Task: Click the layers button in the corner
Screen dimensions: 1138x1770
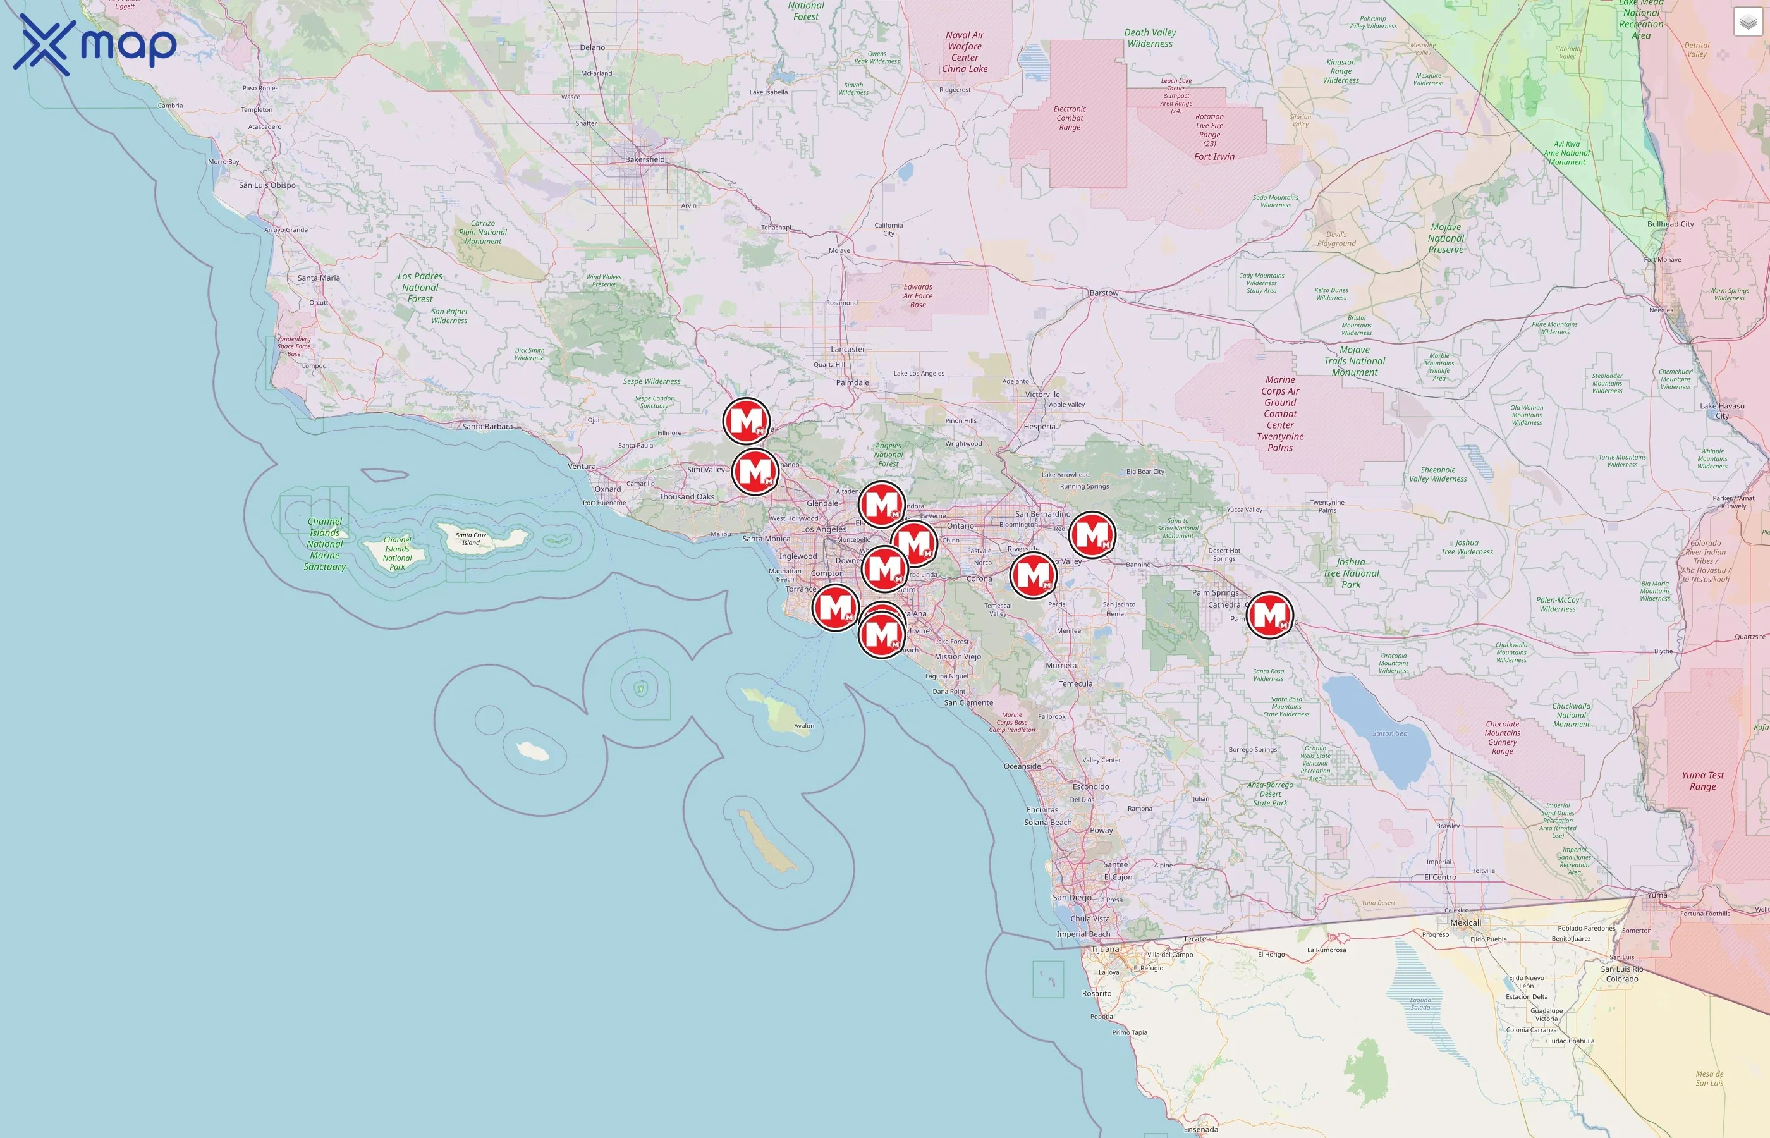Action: tap(1747, 22)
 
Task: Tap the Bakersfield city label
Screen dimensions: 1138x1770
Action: tap(644, 159)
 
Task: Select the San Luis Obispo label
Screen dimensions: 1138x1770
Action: tap(267, 185)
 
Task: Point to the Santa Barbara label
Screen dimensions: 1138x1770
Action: tap(487, 426)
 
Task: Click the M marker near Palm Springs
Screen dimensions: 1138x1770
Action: tap(1269, 615)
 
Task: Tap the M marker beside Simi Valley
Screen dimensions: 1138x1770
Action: tap(755, 471)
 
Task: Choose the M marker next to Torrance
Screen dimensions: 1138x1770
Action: tap(835, 608)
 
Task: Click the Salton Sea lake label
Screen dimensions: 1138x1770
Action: tap(1389, 733)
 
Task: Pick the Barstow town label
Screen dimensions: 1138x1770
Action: tap(1104, 293)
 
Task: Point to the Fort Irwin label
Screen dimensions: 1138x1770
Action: tap(1214, 157)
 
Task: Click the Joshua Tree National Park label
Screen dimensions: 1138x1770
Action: tap(1350, 573)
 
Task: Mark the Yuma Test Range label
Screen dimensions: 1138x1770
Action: tap(1703, 780)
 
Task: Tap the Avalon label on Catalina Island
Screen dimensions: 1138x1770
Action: tap(803, 726)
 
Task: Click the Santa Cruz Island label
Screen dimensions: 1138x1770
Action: tap(470, 539)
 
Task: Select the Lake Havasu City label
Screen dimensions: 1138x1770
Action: tap(1722, 410)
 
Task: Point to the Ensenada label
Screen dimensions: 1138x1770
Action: tap(1200, 1129)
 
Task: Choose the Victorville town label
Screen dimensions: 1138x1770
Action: tap(1042, 394)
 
